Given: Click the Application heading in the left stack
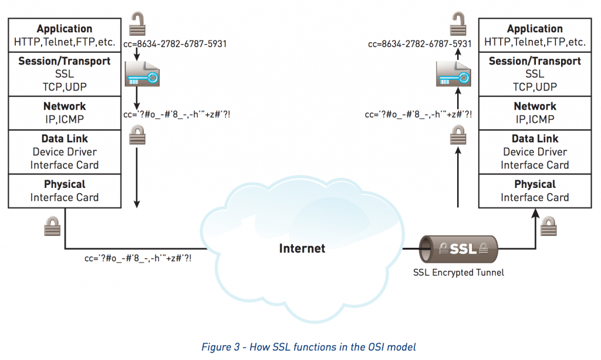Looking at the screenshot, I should click(65, 29).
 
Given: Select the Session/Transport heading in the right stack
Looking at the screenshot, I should click(535, 61).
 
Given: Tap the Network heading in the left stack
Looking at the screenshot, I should click(65, 106).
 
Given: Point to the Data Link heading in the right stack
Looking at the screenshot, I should click(535, 139).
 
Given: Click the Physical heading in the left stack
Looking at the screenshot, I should click(65, 184).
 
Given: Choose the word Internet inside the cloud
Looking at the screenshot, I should click(302, 248).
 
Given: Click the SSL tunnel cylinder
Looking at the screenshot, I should click(459, 248).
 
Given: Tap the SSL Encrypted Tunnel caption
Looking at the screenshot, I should click(459, 272).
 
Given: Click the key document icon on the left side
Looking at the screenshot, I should click(141, 74).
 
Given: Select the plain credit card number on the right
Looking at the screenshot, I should click(420, 44).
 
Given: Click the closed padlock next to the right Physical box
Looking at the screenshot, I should click(548, 226).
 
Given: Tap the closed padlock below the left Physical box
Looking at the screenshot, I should click(52, 226).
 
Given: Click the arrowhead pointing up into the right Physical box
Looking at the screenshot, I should click(535, 213).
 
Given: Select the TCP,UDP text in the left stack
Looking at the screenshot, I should click(65, 87).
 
